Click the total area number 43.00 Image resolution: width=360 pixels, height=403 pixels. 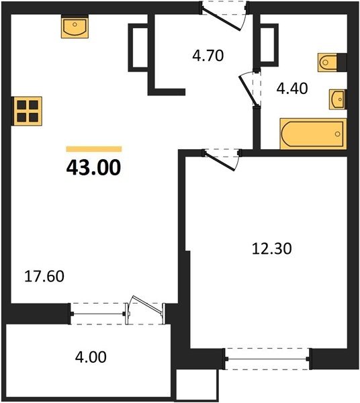(x=93, y=167)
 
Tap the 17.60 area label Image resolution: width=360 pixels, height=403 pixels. (x=44, y=277)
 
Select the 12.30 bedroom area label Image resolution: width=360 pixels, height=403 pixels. (x=272, y=249)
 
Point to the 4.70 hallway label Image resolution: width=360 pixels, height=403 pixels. (x=208, y=56)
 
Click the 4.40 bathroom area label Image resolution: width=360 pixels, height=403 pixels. (x=292, y=89)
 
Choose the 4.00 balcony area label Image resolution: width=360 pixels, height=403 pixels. (x=91, y=357)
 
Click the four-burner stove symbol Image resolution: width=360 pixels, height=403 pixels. (x=27, y=111)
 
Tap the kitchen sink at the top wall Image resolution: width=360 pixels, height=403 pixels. (x=75, y=26)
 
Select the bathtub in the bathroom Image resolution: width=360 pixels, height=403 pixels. (x=313, y=134)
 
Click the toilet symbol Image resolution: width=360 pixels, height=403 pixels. (x=332, y=62)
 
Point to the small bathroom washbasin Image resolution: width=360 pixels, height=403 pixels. (x=338, y=99)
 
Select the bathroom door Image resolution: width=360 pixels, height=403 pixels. (x=249, y=89)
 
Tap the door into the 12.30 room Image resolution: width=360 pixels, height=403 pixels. (x=221, y=160)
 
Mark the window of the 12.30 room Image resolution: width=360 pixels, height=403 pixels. (x=267, y=359)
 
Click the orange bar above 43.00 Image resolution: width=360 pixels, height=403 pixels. (x=94, y=149)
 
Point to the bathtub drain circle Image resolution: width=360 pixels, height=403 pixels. (x=338, y=134)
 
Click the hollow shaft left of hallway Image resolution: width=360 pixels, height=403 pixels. (x=139, y=47)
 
